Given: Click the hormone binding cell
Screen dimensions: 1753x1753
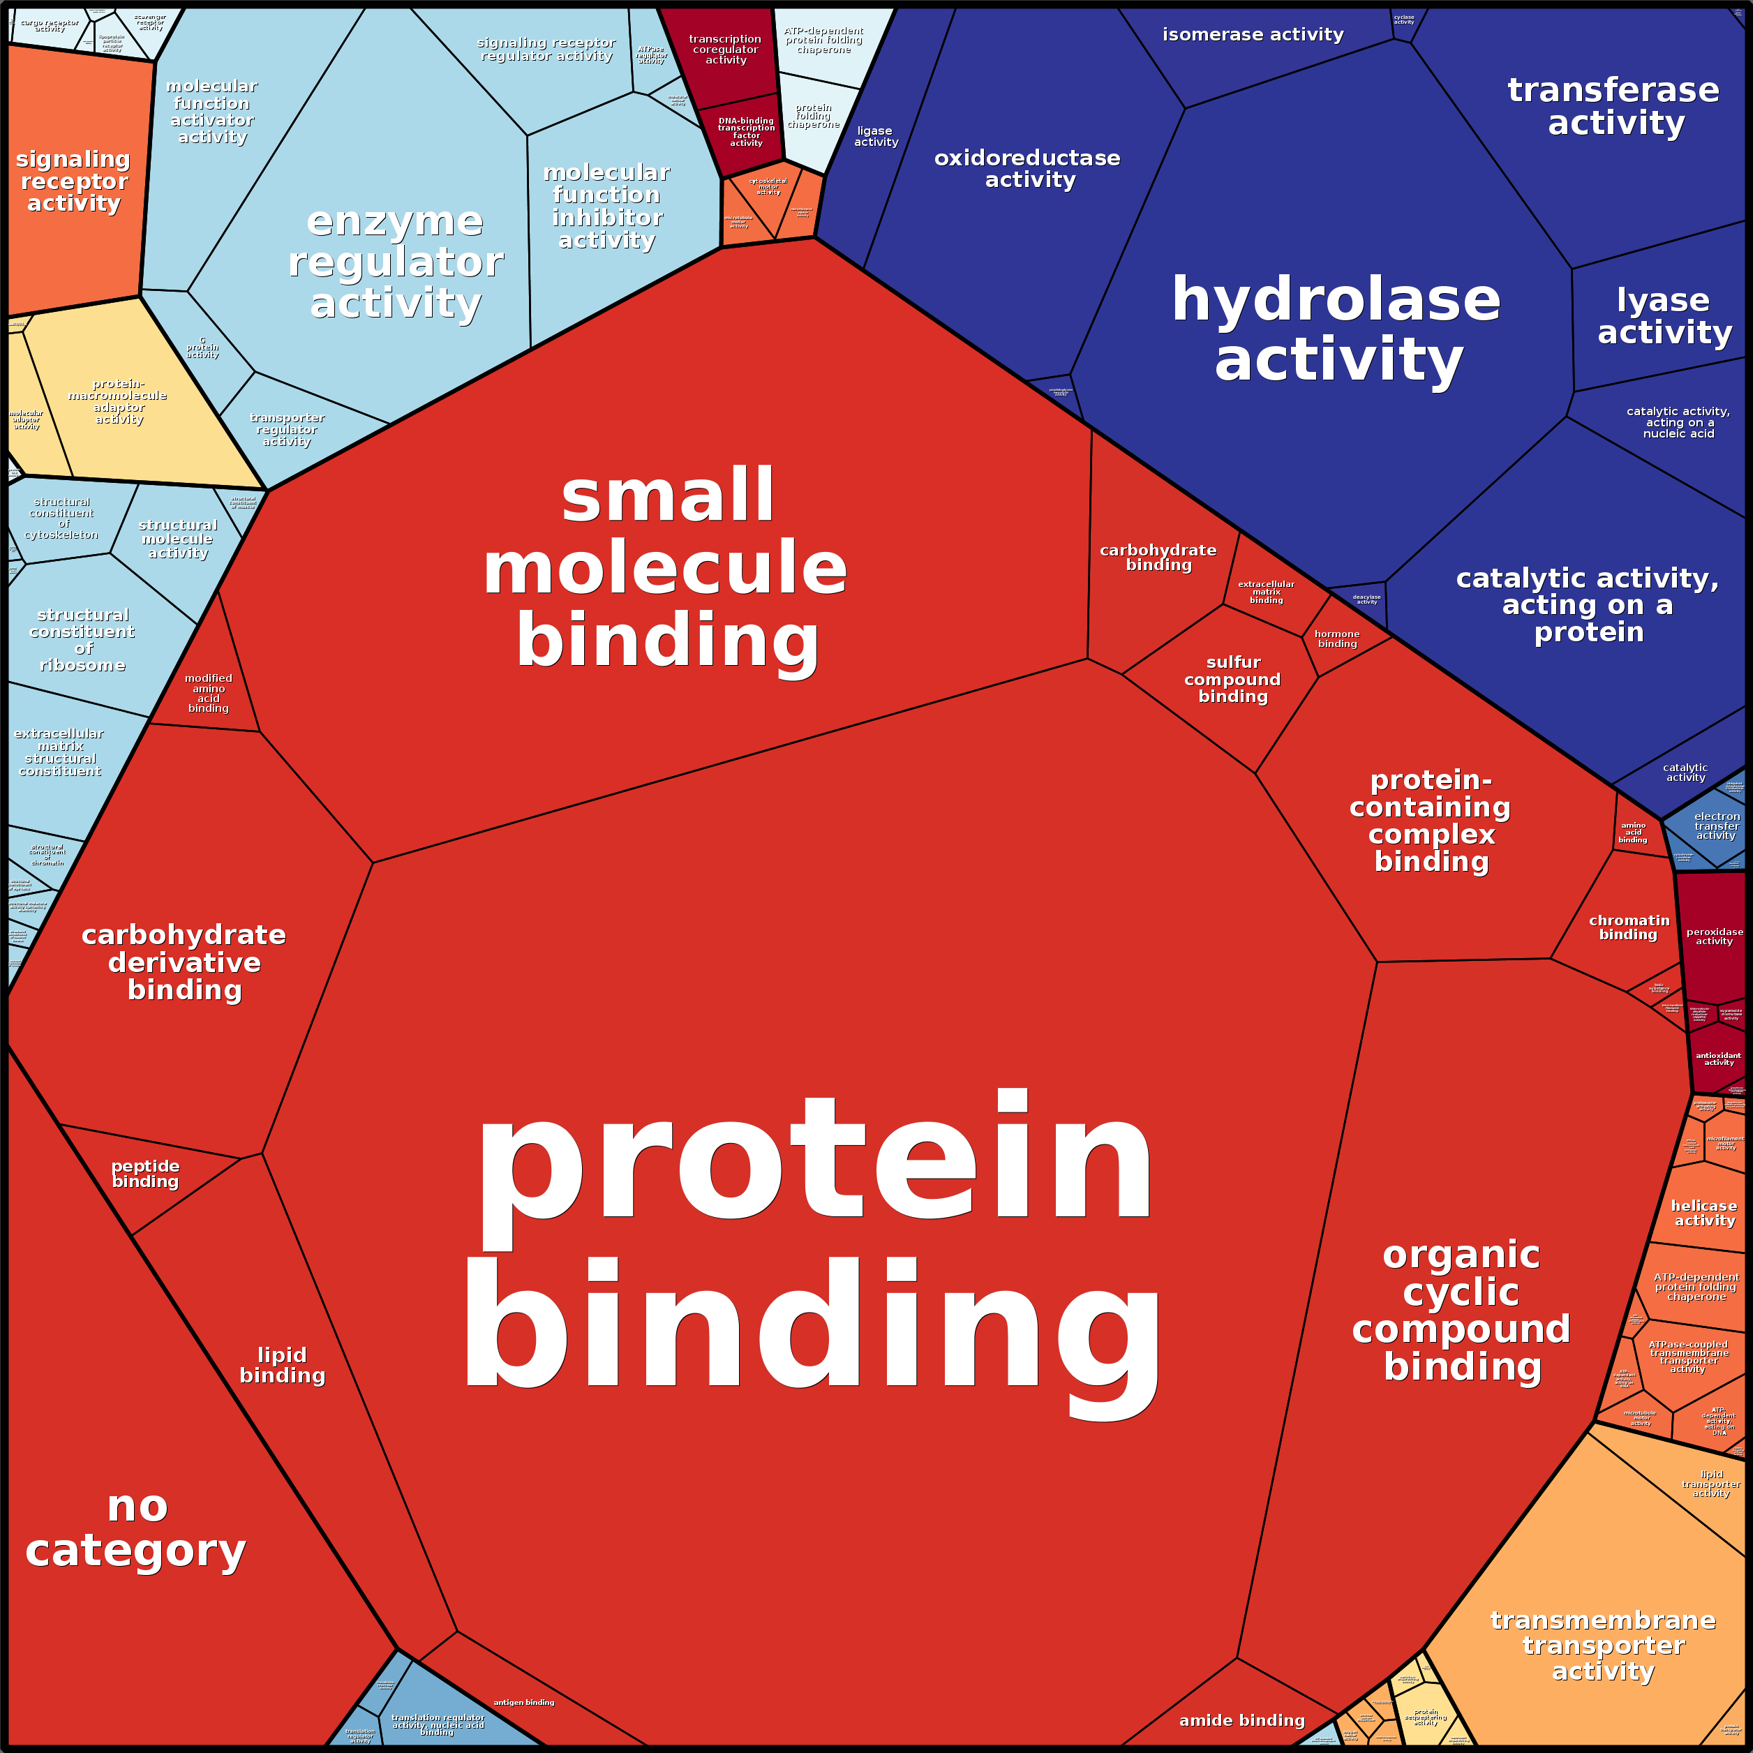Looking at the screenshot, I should tap(1338, 640).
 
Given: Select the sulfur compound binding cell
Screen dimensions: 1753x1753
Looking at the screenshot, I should tap(1232, 680).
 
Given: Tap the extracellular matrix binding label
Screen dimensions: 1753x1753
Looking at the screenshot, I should tap(1267, 592).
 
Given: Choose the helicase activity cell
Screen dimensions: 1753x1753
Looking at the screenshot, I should tap(1704, 1213).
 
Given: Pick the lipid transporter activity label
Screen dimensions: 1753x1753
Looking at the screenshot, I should tap(1711, 1484).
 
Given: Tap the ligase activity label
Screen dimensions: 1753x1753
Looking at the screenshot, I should tap(876, 136).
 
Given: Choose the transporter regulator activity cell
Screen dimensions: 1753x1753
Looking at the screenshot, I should tap(288, 429).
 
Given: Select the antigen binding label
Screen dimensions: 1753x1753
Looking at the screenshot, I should tap(523, 1702).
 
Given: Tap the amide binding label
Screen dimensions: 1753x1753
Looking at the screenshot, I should tap(1241, 1720).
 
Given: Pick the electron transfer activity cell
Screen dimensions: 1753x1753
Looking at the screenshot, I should tap(1716, 826).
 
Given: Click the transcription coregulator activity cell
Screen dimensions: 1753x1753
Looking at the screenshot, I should tap(725, 50).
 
